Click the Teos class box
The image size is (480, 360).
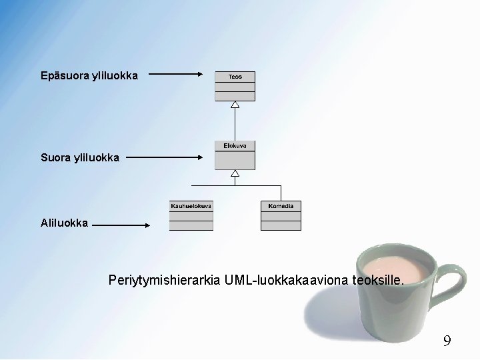click(235, 86)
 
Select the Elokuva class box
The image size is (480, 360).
click(235, 155)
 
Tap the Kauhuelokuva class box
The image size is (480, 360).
click(191, 216)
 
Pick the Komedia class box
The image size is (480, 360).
click(281, 216)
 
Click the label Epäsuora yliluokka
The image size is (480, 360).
click(89, 76)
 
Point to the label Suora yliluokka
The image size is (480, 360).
click(80, 158)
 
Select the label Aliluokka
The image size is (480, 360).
click(64, 223)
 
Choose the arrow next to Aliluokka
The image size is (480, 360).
click(122, 225)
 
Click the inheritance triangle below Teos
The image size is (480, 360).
click(235, 105)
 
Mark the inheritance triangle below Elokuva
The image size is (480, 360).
click(235, 173)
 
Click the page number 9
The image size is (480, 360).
click(447, 341)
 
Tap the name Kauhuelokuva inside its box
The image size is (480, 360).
click(191, 206)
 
